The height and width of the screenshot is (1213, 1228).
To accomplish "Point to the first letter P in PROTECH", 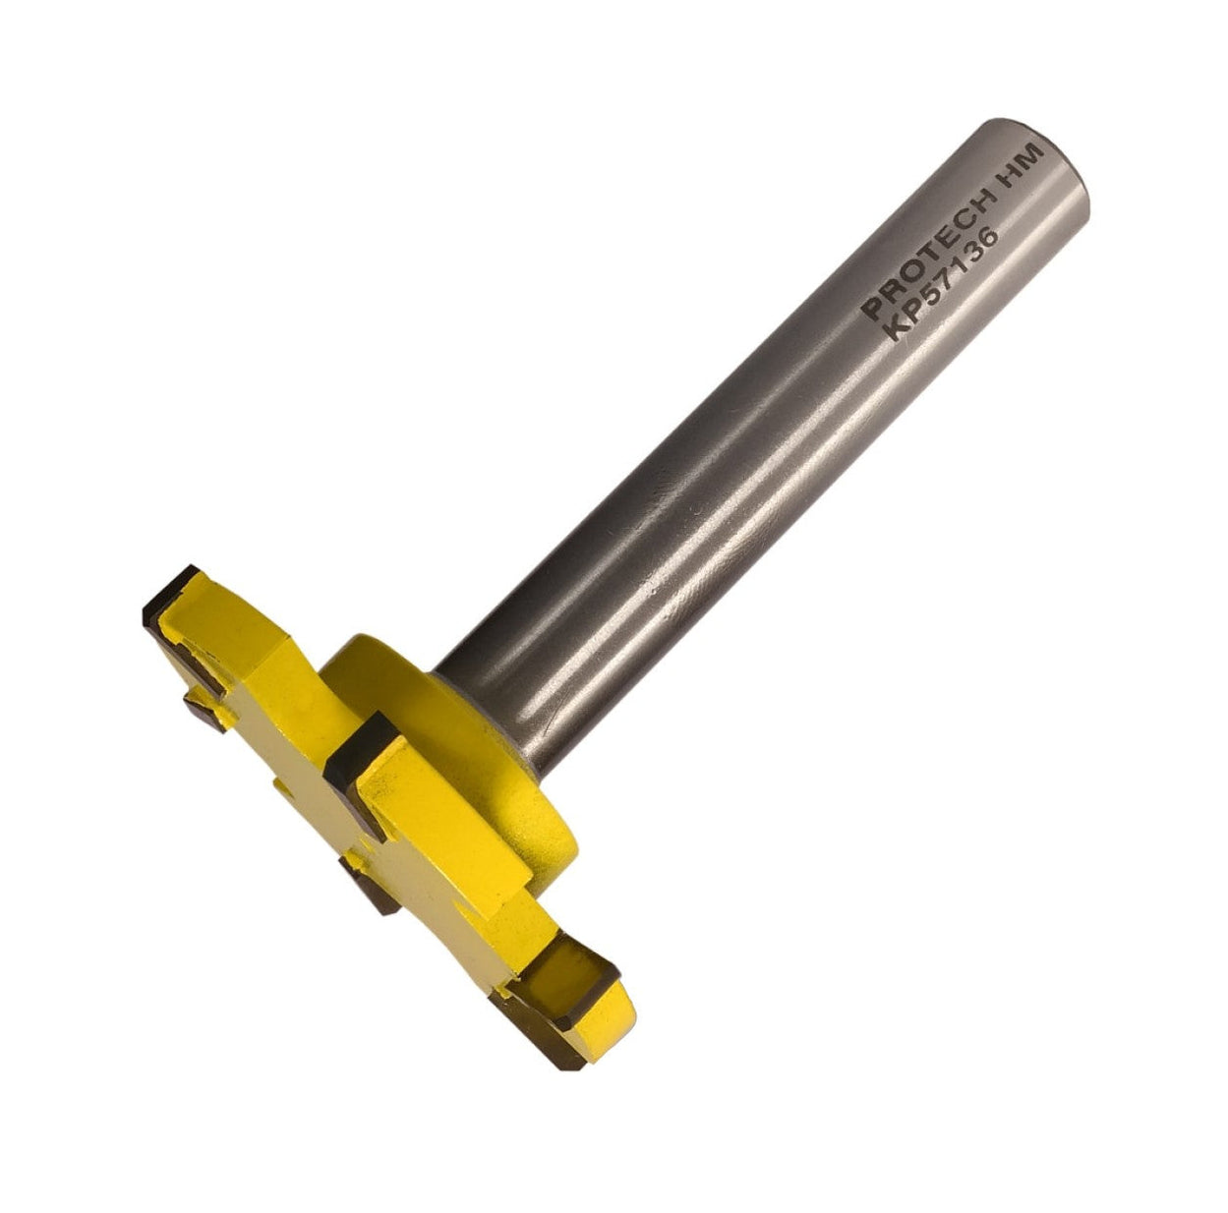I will click(869, 311).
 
